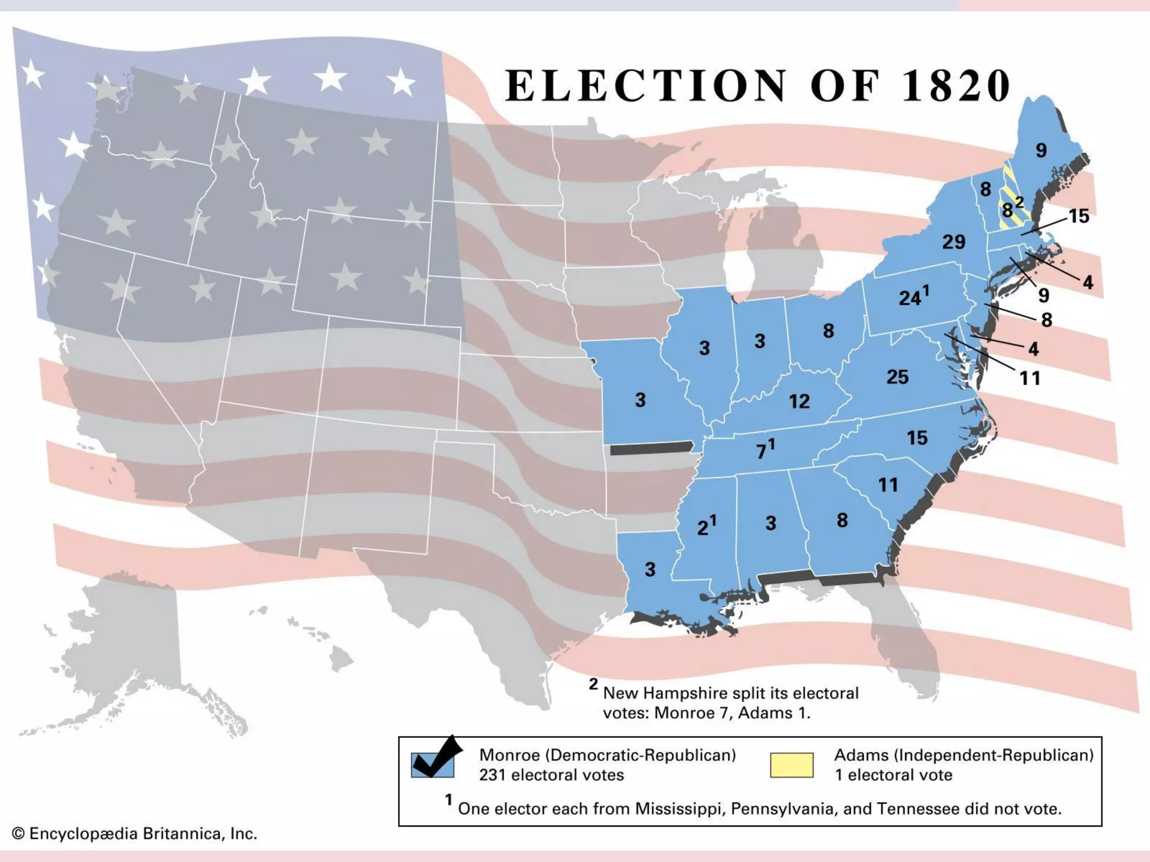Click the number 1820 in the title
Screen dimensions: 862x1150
pos(956,86)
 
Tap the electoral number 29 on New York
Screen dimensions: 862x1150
pos(953,242)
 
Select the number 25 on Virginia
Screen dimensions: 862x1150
pos(897,377)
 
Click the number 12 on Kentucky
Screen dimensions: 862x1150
pos(799,401)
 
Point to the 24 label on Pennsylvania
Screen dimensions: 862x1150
pos(910,298)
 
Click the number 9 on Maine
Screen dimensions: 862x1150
pos(1041,150)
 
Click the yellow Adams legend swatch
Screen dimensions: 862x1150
pos(791,765)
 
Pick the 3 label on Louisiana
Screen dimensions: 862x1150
pos(650,570)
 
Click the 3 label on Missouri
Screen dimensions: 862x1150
pos(640,400)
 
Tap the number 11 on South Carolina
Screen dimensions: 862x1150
pos(888,485)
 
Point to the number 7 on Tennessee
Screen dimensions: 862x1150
pos(761,452)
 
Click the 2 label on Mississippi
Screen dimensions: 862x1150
pos(702,528)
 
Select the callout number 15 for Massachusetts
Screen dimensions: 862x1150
pos(1079,216)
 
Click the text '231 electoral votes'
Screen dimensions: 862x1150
pos(551,775)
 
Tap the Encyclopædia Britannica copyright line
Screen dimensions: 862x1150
pos(135,834)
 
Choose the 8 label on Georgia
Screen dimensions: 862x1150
pos(842,520)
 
